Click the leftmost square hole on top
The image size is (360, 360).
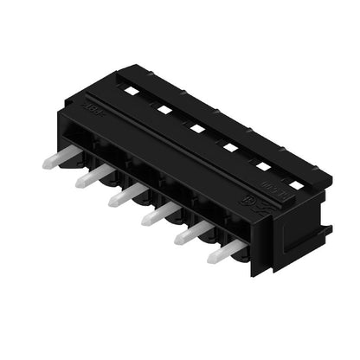[x=131, y=90]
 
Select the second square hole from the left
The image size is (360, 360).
[x=163, y=108]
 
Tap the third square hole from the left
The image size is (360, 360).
[x=196, y=128]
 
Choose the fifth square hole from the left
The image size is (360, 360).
[x=263, y=166]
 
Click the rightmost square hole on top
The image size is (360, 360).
[x=297, y=185]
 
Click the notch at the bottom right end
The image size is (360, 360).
[x=325, y=232]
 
